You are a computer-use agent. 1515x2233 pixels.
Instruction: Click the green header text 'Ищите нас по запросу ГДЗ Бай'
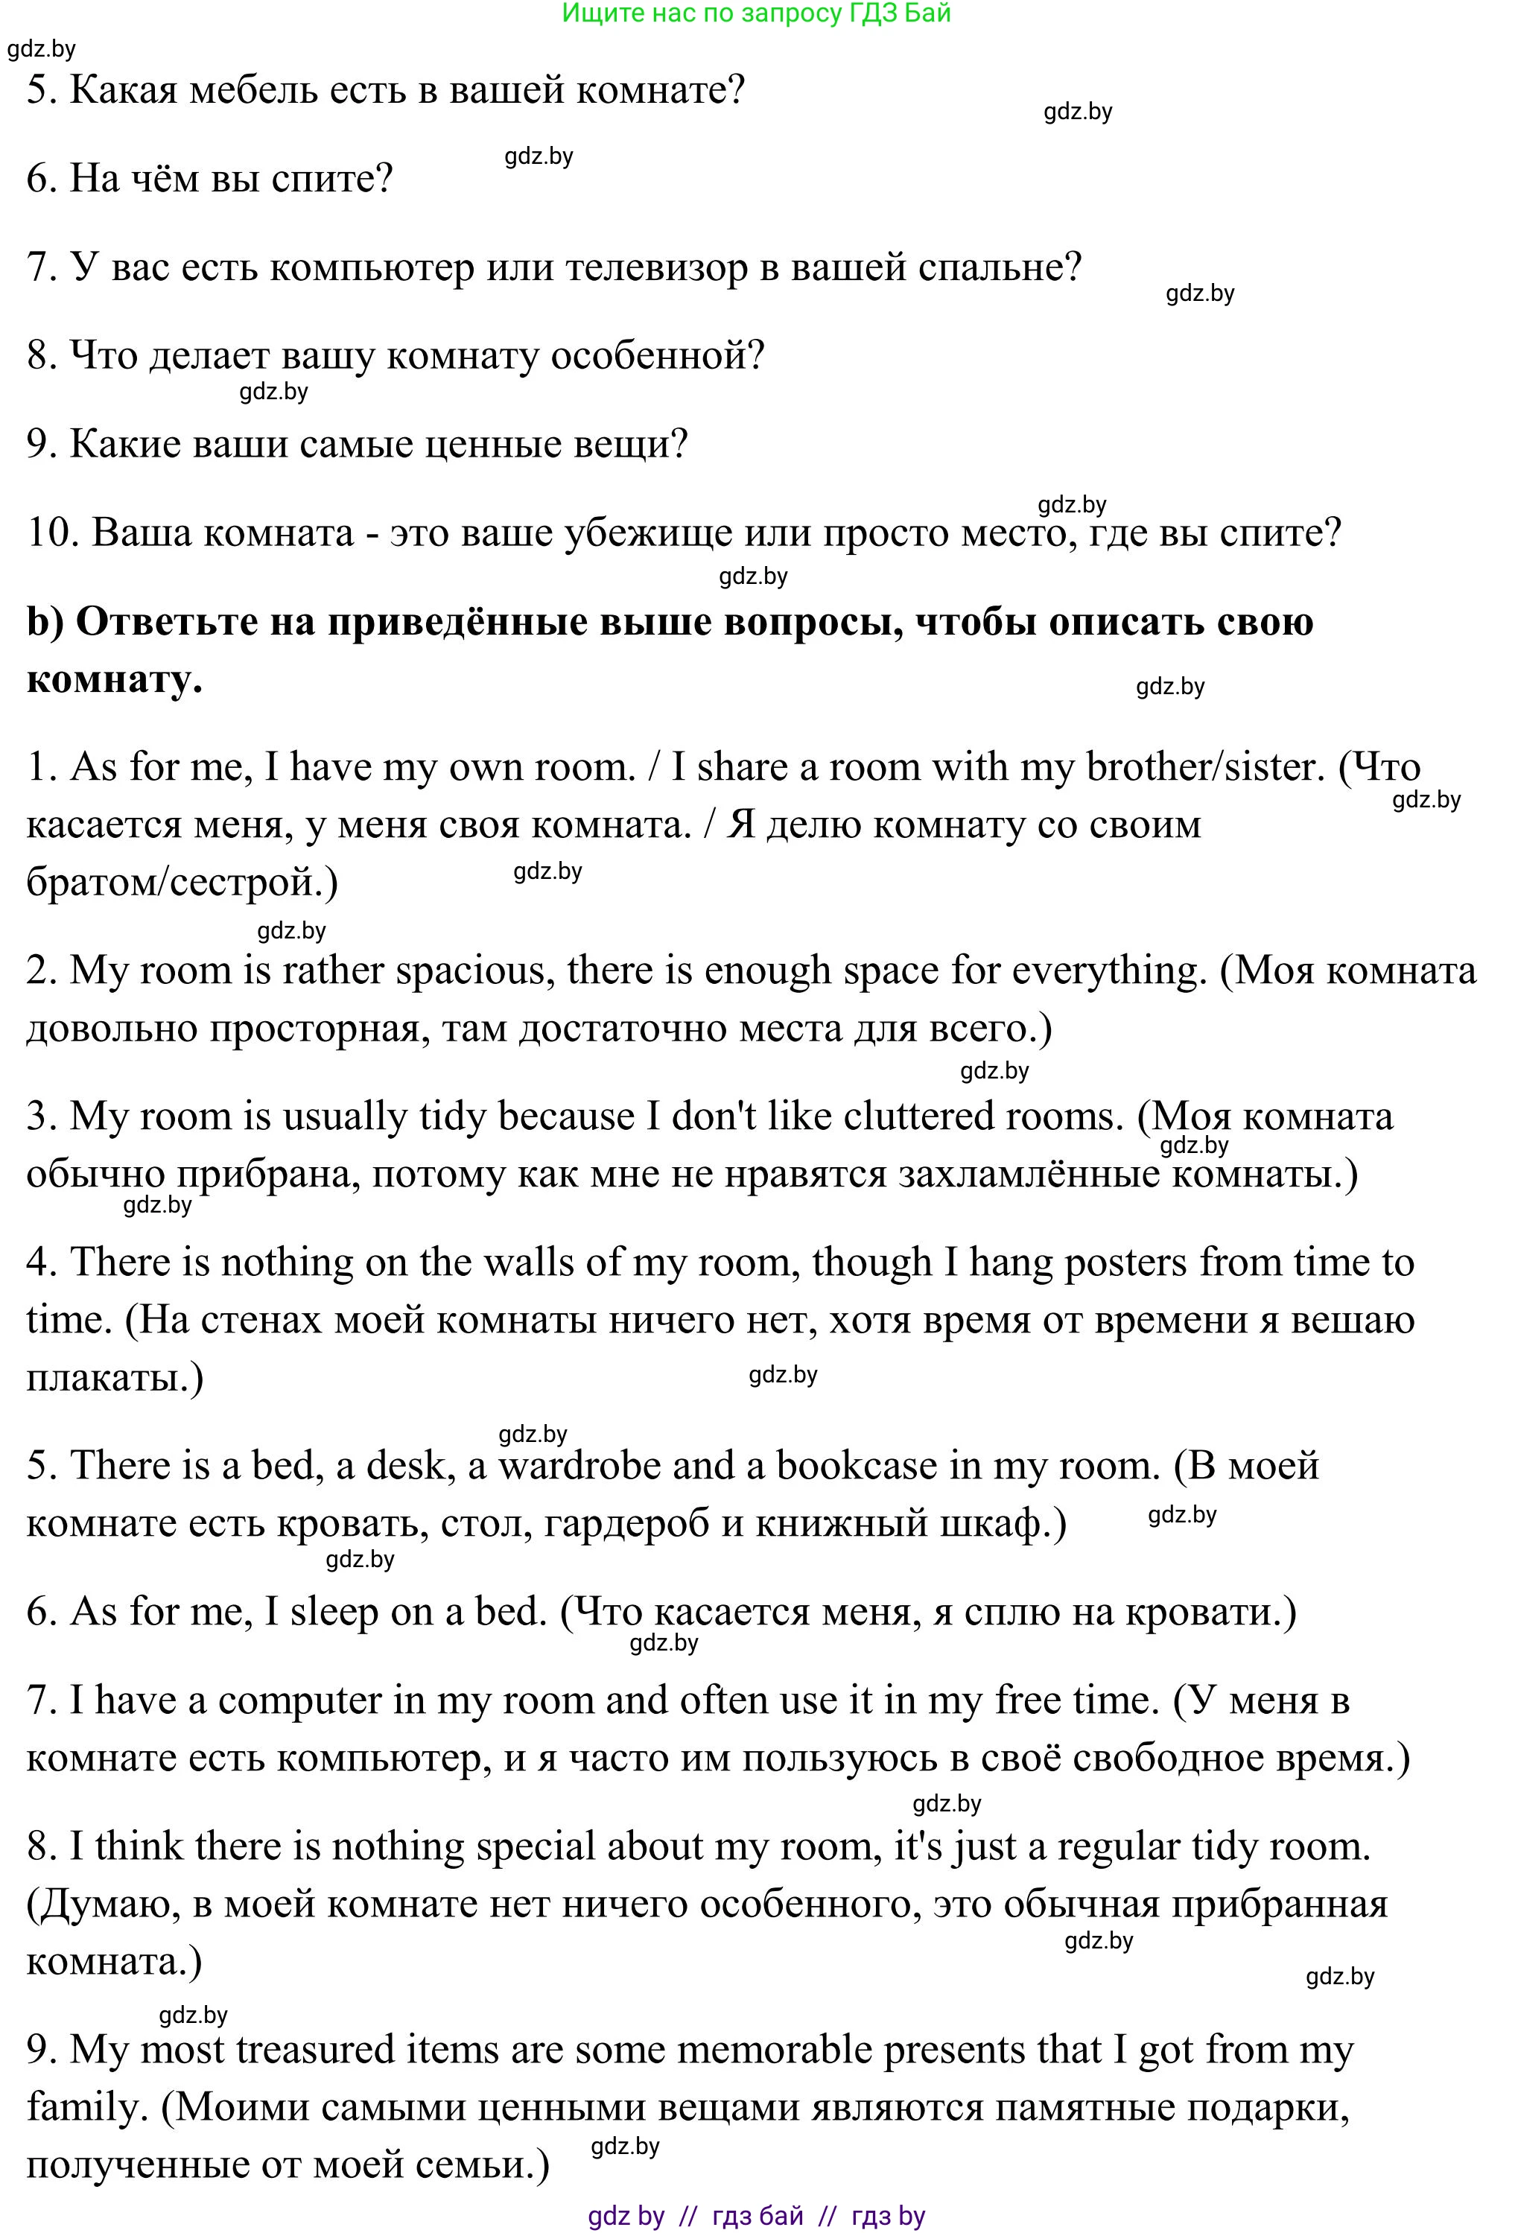coord(756,13)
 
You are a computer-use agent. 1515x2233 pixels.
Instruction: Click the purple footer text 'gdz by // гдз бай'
coord(696,2216)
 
